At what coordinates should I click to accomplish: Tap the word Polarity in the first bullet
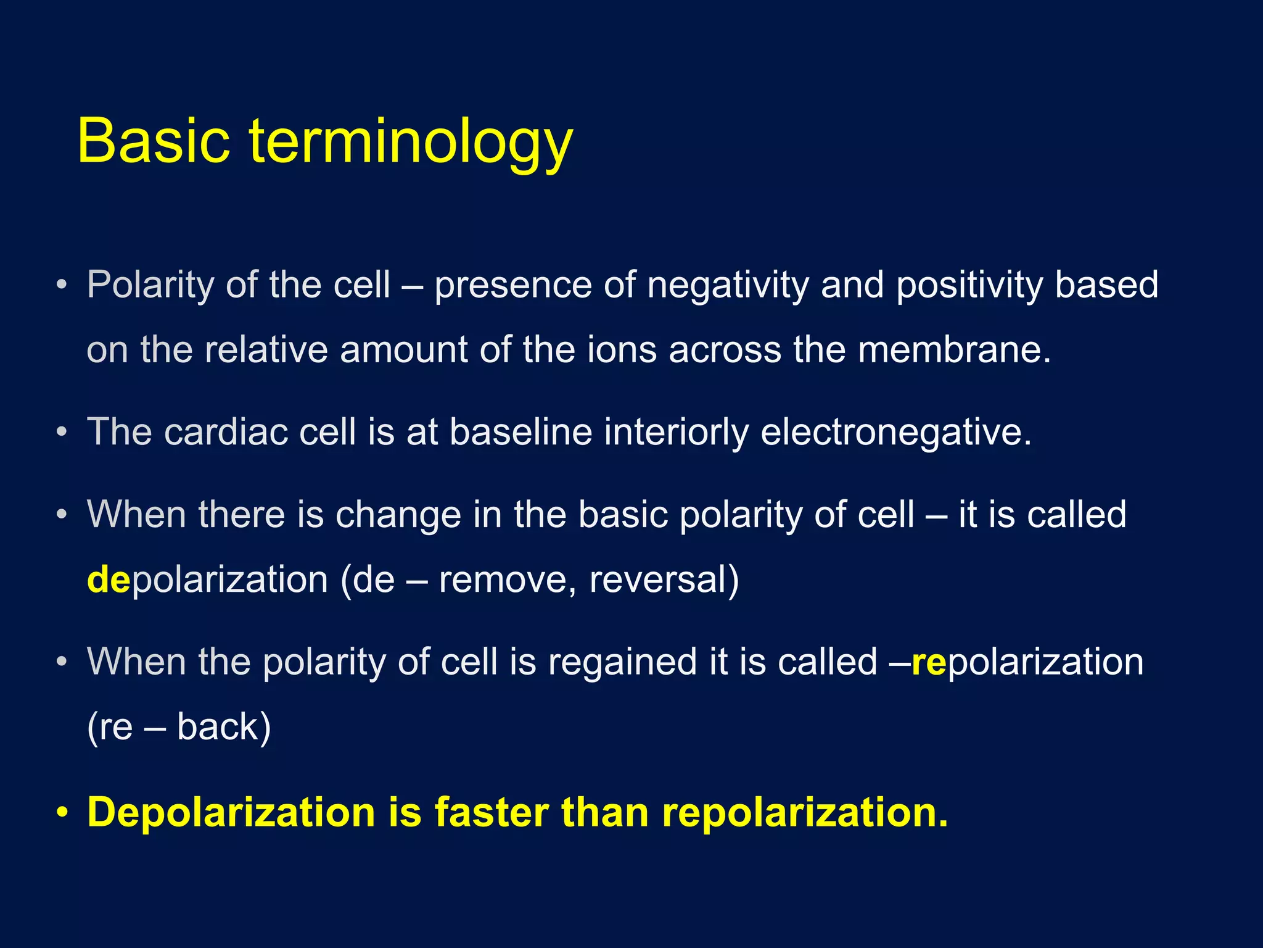pos(150,285)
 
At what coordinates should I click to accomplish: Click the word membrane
pos(953,350)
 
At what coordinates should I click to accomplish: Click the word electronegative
pos(895,433)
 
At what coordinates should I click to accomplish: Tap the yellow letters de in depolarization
pos(108,580)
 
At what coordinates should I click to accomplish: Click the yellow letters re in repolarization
pos(928,662)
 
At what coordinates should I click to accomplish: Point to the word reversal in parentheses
pos(664,580)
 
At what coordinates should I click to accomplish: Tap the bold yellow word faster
pos(492,812)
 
